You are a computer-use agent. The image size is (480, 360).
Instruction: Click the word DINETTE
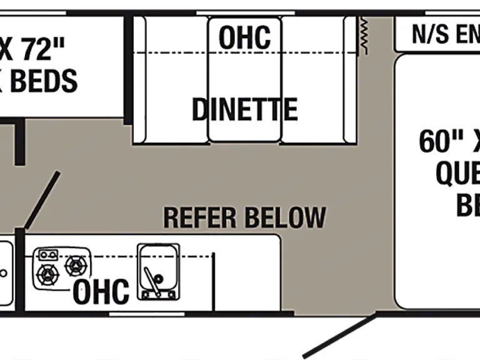244,110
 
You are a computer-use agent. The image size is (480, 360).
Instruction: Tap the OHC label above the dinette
244,37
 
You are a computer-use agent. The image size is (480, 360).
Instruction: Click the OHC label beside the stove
101,291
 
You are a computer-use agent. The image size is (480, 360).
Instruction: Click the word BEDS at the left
44,81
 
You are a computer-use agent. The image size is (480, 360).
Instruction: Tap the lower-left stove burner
47,274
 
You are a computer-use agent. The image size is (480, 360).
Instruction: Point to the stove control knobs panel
47,254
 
